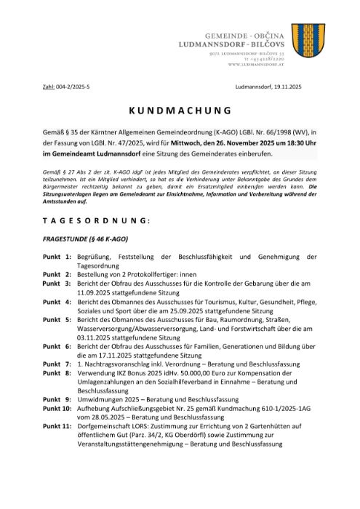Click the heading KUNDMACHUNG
[x=180, y=111]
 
